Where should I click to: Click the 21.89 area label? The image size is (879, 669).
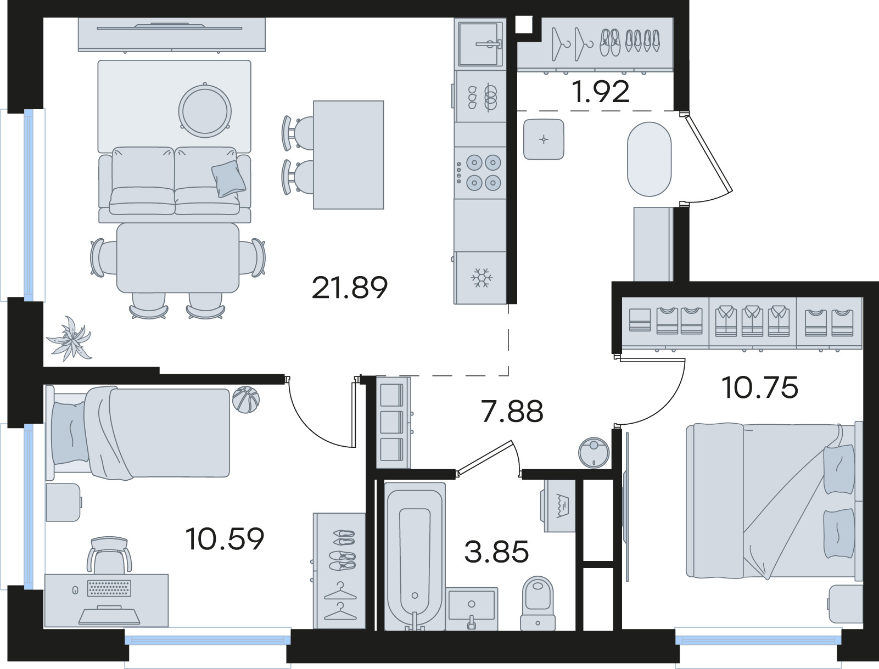(350, 288)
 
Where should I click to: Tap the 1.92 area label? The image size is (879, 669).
(601, 92)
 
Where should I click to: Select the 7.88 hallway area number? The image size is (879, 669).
(512, 411)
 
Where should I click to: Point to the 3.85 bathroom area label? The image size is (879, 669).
(496, 552)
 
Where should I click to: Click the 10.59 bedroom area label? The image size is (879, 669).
(225, 538)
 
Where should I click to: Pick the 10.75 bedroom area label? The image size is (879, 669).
(760, 387)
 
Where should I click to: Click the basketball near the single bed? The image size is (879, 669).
(245, 400)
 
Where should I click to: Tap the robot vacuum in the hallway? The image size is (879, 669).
(594, 453)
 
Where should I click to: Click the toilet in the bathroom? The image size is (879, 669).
(538, 604)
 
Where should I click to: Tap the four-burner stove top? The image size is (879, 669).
(480, 173)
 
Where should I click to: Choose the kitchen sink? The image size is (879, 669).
(480, 44)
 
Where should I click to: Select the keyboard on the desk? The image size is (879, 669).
(109, 588)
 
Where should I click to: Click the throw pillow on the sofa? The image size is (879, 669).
(228, 179)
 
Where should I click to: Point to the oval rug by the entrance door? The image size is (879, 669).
(649, 159)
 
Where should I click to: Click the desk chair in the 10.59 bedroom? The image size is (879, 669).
(109, 555)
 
